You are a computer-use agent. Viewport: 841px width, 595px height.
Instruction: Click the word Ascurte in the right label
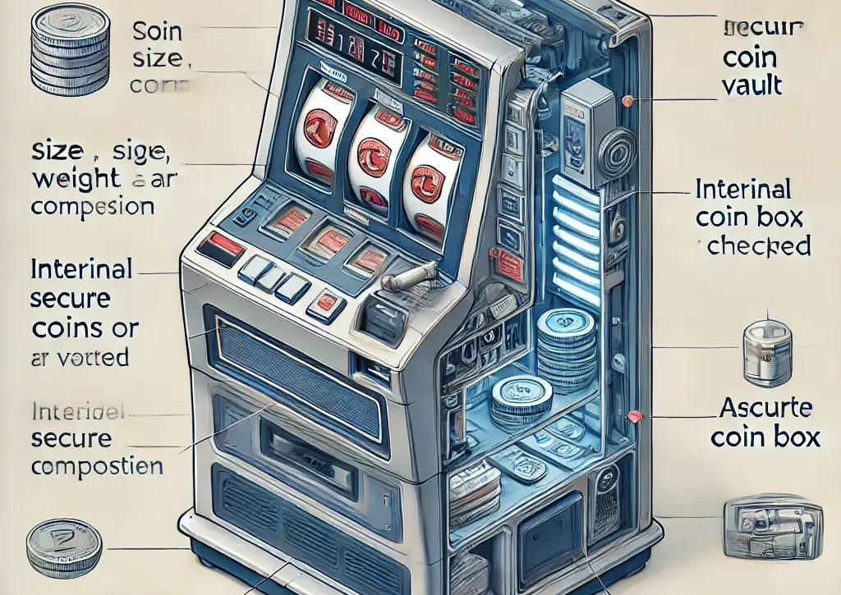pos(765,408)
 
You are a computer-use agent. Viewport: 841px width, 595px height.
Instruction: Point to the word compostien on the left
pos(97,467)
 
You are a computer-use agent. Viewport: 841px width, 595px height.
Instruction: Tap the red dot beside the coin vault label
pos(628,102)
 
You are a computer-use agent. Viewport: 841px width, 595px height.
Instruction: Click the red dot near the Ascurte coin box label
pos(633,417)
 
